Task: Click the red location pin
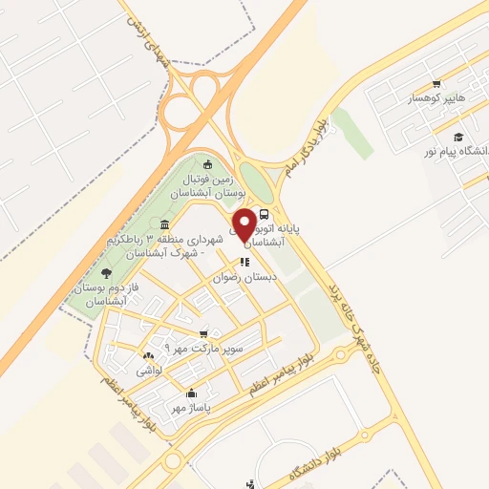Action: coord(244,224)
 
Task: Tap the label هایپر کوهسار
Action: coord(437,98)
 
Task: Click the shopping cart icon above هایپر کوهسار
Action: coord(436,84)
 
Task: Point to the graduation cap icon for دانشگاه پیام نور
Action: coord(459,137)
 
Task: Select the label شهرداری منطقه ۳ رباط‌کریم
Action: coord(181,244)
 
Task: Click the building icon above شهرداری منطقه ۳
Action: coord(165,224)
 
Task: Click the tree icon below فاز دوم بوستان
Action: coord(106,272)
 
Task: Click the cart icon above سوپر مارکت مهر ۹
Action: coord(202,334)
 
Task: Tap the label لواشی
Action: coord(149,370)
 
